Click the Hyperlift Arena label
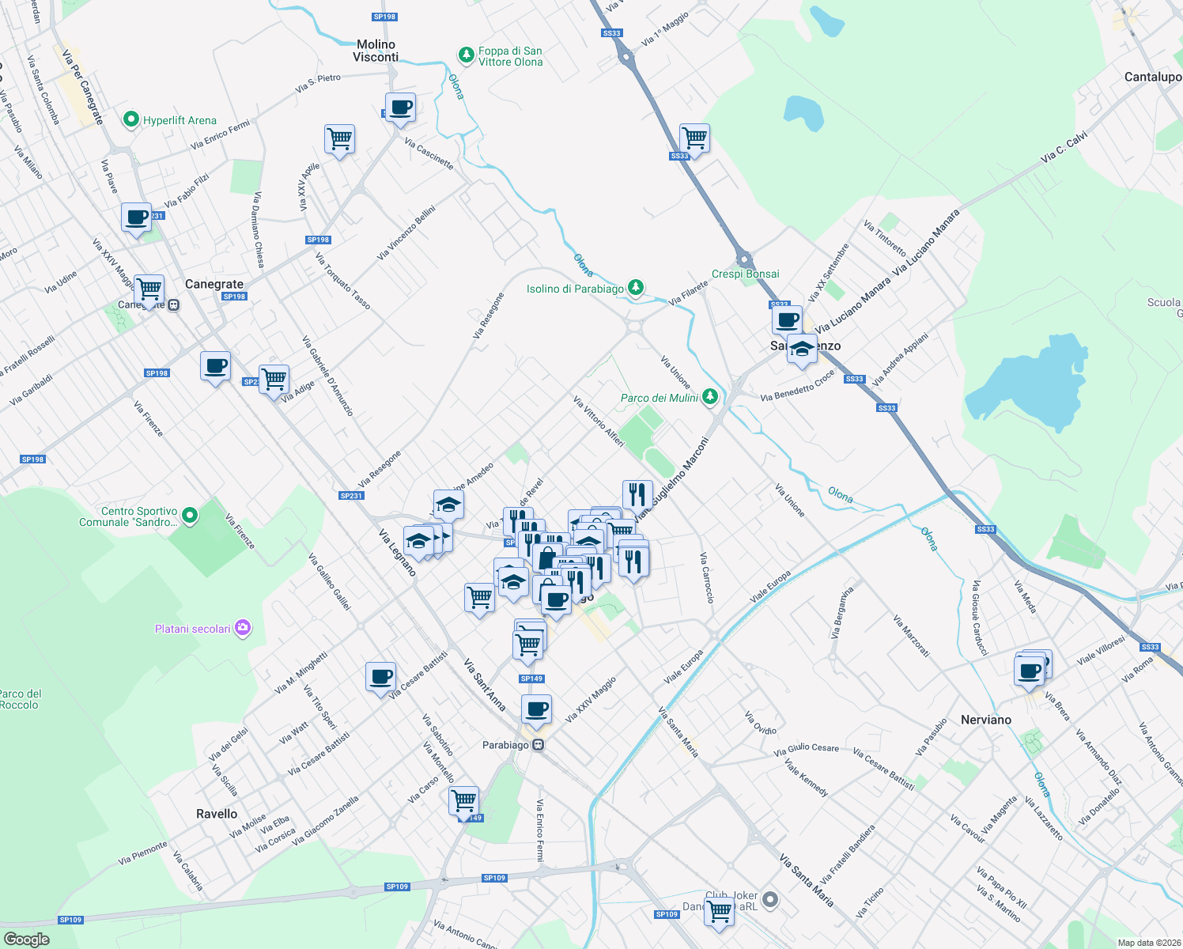pos(180,120)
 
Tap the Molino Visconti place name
pos(376,51)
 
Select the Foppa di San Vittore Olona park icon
pos(467,55)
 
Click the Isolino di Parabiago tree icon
pos(635,288)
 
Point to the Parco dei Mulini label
pos(660,398)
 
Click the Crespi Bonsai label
pos(745,274)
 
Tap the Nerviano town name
pos(985,720)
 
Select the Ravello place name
pos(217,814)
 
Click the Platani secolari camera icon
pos(243,629)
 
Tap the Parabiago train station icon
pos(539,745)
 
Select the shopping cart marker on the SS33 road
pos(694,138)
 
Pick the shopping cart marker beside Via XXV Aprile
pos(339,139)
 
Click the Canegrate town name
pos(214,284)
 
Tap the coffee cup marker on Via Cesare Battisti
pos(381,677)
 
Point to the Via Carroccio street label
pos(706,578)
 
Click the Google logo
pos(26,940)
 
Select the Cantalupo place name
pos(1153,77)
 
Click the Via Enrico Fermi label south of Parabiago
pos(540,830)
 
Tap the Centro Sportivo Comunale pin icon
pos(190,516)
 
